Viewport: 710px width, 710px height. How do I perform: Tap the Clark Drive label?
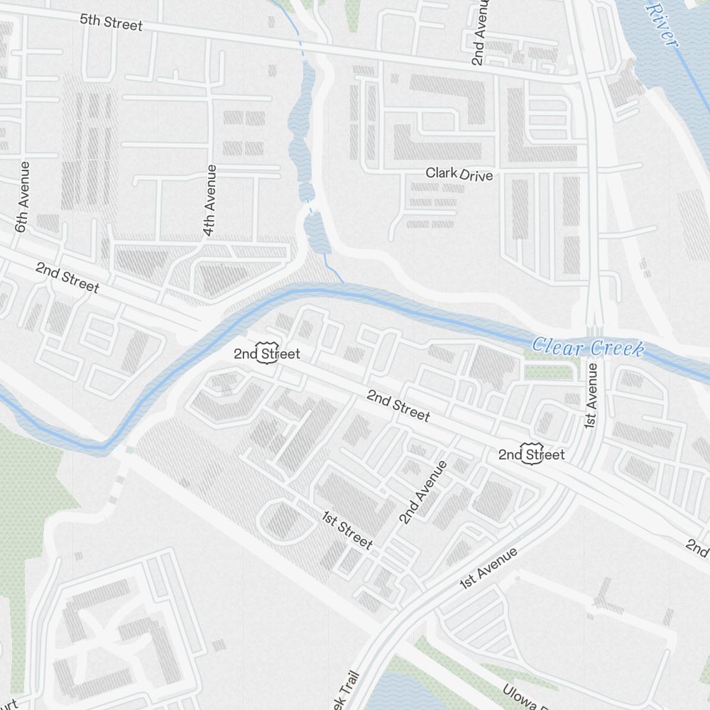pyautogui.click(x=459, y=173)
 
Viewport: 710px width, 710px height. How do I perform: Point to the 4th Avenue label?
pyautogui.click(x=209, y=200)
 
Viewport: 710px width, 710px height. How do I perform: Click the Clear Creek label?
pyautogui.click(x=588, y=348)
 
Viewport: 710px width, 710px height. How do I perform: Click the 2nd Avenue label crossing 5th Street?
pyautogui.click(x=481, y=32)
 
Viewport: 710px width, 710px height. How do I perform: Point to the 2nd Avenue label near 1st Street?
pyautogui.click(x=423, y=492)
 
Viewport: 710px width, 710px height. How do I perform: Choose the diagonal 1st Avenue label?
pyautogui.click(x=488, y=568)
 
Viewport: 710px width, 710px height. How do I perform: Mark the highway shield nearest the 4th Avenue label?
pyautogui.click(x=266, y=354)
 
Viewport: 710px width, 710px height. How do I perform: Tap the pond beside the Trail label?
pyautogui.click(x=398, y=692)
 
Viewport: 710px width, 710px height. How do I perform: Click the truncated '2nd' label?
pyautogui.click(x=697, y=547)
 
